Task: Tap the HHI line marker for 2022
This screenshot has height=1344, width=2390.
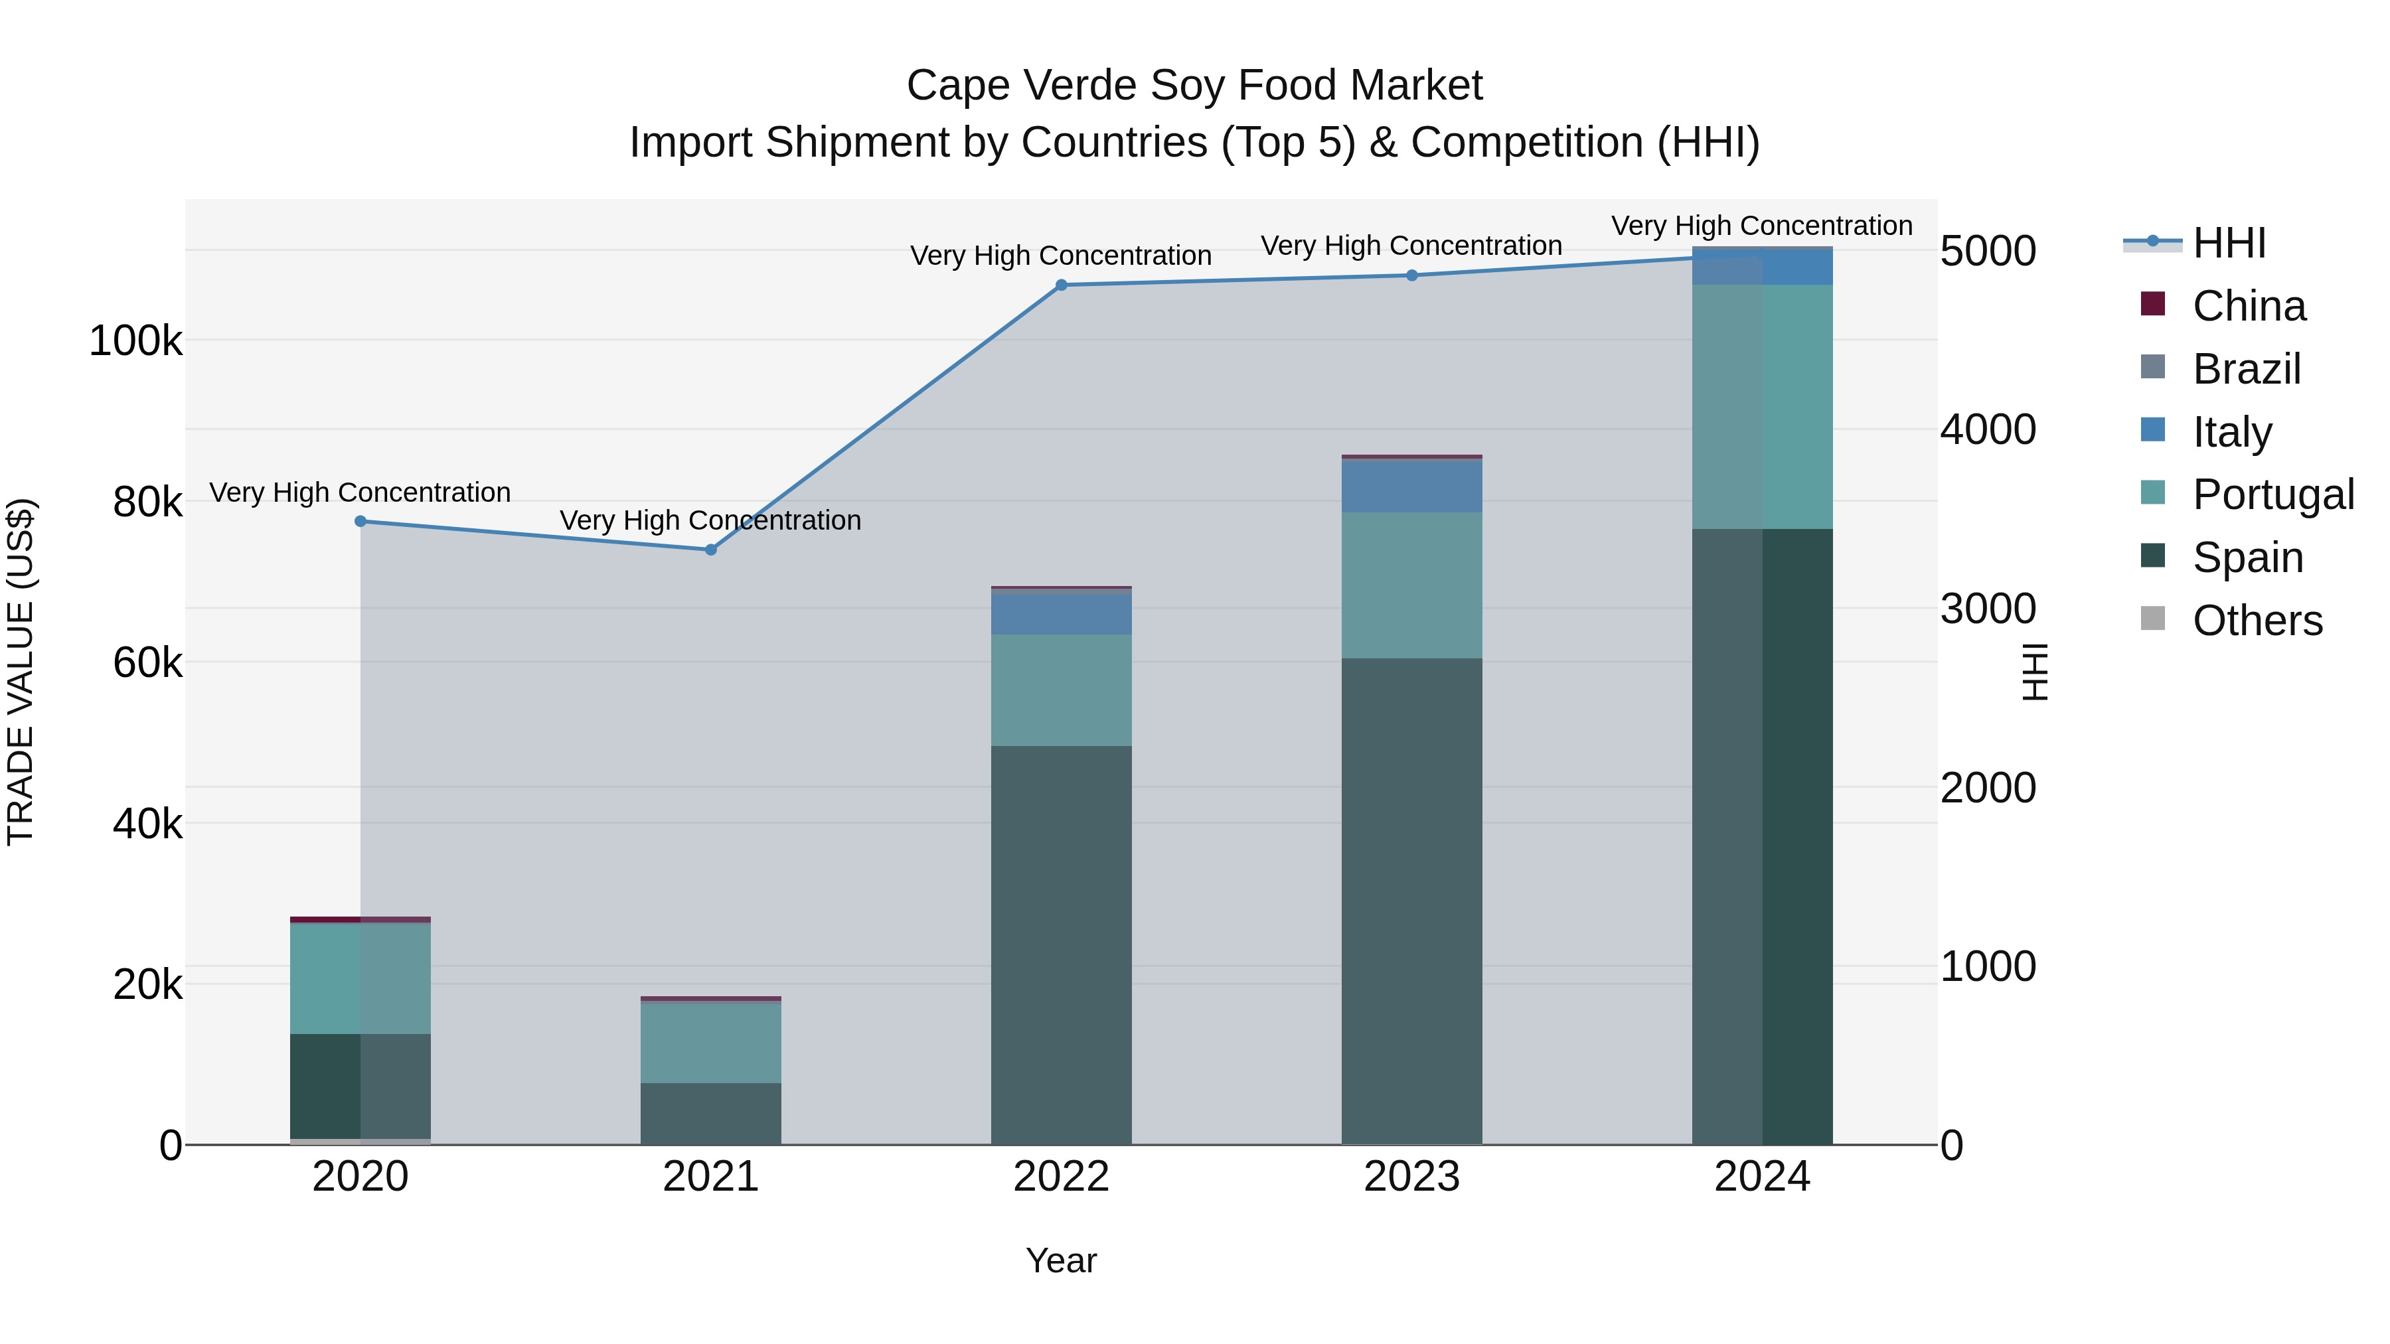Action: coord(1062,285)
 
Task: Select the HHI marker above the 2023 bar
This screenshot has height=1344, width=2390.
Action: coord(1412,275)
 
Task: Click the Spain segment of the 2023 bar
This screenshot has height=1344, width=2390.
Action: coord(1411,900)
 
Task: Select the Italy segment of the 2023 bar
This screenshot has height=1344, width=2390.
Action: coord(1411,485)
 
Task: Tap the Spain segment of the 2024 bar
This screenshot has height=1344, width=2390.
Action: coord(1762,835)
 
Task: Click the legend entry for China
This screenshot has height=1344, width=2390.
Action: coord(2248,306)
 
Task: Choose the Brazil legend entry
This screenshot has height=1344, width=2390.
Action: coord(2246,369)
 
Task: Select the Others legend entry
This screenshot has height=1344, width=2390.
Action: coord(2257,621)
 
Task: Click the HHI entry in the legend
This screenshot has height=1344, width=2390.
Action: coord(2229,243)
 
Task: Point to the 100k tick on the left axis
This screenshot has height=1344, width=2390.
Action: coord(135,341)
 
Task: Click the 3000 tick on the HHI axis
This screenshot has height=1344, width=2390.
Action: coord(1987,609)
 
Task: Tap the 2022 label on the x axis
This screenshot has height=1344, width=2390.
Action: coord(1062,1177)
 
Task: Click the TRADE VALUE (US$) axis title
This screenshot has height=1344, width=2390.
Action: coord(21,672)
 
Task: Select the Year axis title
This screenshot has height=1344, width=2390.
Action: coord(1062,1260)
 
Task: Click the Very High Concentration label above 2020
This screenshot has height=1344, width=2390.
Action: coord(360,492)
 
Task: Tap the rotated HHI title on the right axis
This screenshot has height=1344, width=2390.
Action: coord(2033,672)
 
